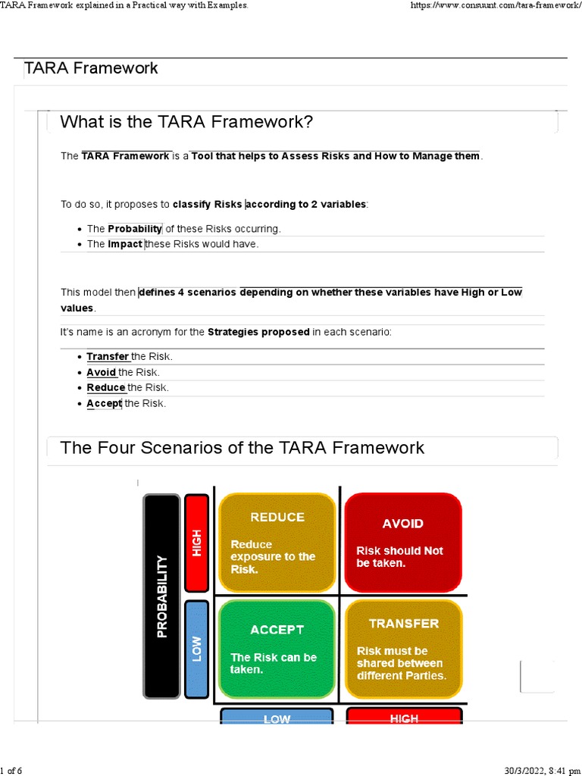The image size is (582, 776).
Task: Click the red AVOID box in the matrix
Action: tap(402, 543)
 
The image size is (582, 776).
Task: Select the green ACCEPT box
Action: tap(277, 649)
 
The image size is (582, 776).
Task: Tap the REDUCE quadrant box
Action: tap(277, 543)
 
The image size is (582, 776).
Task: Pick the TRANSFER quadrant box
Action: tap(402, 649)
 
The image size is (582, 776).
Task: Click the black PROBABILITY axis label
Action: tap(161, 596)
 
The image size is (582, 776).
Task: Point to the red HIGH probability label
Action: tap(197, 542)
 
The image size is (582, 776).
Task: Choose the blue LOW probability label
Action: tap(197, 649)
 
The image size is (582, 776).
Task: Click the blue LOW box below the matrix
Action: tap(277, 717)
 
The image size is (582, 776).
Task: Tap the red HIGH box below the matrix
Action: tap(403, 717)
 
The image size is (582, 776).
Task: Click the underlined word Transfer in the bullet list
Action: tap(108, 356)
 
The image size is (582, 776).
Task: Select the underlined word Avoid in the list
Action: tap(102, 372)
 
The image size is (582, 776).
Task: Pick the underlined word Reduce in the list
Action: tap(106, 387)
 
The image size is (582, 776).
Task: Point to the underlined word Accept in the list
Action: tap(104, 403)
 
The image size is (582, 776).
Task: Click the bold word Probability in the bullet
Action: tap(135, 228)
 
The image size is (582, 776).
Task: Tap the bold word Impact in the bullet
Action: tap(125, 244)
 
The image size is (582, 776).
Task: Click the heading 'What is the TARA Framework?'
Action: tap(186, 122)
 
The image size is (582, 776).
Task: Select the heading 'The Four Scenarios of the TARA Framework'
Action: tap(242, 447)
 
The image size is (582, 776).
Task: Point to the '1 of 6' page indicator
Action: tap(12, 771)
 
